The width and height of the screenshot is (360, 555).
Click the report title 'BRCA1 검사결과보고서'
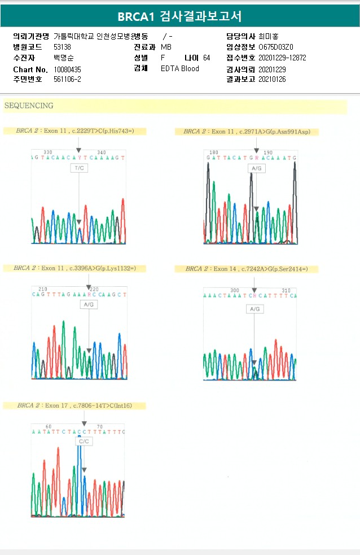[x=179, y=16]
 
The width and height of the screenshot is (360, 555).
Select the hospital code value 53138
[x=62, y=47]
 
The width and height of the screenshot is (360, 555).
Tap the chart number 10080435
[x=67, y=69]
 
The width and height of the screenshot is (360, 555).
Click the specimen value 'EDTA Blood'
[x=179, y=69]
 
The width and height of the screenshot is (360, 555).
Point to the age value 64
[x=207, y=58]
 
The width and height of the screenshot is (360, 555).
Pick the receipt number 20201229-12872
[x=282, y=58]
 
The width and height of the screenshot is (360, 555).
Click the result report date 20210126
[x=272, y=80]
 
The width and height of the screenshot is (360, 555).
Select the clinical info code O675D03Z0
[x=276, y=47]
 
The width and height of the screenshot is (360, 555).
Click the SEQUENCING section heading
[x=29, y=106]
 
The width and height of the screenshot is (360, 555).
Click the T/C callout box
[x=78, y=168]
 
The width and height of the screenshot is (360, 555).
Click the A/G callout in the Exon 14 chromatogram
[x=255, y=309]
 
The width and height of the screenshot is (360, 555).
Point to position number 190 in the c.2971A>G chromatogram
[x=268, y=152]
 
